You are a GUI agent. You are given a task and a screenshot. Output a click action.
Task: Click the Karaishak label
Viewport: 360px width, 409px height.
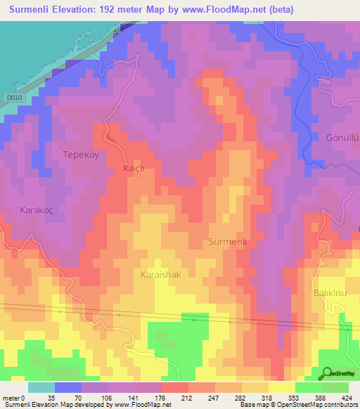(x=161, y=275)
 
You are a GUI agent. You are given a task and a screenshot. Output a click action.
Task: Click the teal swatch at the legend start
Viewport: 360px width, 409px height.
(x=41, y=387)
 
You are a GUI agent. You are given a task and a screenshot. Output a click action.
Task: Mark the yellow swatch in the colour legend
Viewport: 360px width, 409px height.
(x=282, y=387)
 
